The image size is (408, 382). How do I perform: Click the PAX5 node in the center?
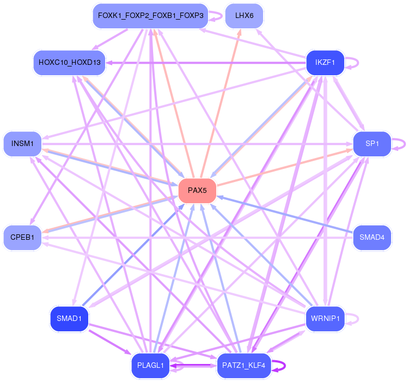tap(197, 191)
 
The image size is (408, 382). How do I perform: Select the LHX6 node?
tap(244, 16)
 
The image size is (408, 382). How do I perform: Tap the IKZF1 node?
tap(325, 63)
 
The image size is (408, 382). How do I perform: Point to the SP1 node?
tap(372, 144)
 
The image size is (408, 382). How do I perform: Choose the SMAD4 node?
tap(372, 237)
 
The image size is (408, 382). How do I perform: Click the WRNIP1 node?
tap(325, 318)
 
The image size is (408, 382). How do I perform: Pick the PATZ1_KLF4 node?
tap(244, 365)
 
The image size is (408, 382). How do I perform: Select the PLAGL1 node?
tap(150, 365)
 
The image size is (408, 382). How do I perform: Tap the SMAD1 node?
tap(69, 318)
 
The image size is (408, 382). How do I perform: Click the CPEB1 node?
tap(22, 237)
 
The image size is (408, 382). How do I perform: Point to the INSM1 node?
tap(22, 144)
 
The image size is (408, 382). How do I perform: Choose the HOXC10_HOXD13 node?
tap(70, 63)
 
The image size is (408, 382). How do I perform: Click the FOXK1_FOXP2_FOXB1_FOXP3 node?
tap(151, 16)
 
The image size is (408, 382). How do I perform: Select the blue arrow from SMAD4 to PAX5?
tap(285, 214)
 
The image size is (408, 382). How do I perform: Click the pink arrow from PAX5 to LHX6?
tap(221, 104)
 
